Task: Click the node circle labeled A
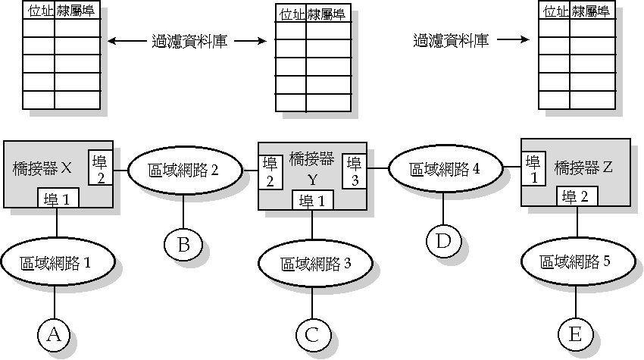click(53, 333)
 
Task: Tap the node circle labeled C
click(314, 333)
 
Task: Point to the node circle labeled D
click(442, 240)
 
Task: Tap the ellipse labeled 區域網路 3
click(316, 263)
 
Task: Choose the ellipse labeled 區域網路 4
click(444, 168)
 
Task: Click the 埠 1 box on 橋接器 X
click(58, 200)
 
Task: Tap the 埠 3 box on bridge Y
click(353, 171)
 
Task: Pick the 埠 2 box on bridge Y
click(270, 172)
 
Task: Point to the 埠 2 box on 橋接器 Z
click(580, 196)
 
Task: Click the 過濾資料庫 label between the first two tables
click(185, 41)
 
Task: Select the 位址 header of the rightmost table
click(555, 11)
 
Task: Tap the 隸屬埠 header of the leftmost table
click(77, 12)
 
